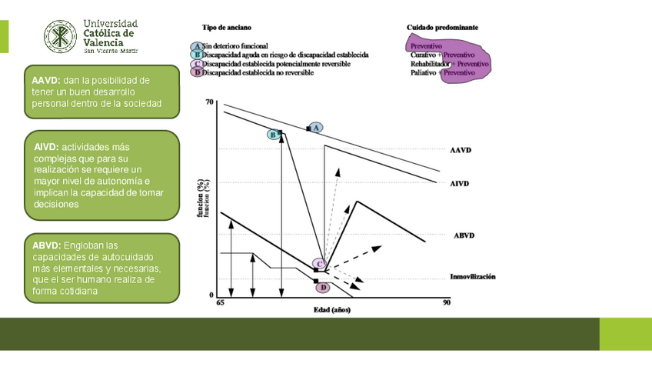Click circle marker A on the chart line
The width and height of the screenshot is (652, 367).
[317, 127]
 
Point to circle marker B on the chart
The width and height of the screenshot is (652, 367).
[272, 135]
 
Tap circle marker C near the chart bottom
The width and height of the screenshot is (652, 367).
[318, 264]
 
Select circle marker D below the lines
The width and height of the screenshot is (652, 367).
[323, 287]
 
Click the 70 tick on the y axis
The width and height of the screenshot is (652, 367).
[210, 102]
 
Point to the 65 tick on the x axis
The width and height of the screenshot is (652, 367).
[219, 304]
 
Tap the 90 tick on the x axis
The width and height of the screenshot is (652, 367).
[446, 304]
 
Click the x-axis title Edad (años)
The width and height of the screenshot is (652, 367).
[332, 311]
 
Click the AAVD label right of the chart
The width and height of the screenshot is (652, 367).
[461, 151]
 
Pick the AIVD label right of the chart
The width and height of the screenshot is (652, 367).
[460, 184]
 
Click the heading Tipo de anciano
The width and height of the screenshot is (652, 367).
[225, 27]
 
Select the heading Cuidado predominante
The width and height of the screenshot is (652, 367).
[442, 27]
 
